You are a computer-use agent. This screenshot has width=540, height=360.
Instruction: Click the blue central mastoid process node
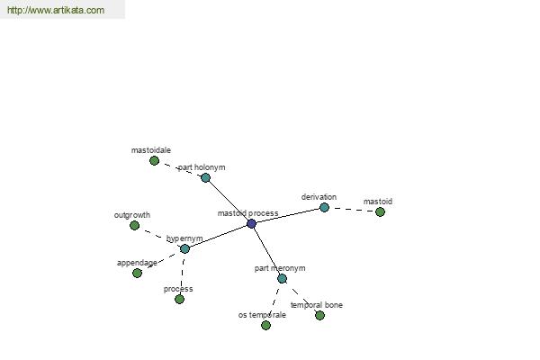coord(251,223)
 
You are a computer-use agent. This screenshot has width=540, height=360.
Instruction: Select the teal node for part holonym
coord(205,178)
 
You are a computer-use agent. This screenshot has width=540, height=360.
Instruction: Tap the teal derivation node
coord(324,207)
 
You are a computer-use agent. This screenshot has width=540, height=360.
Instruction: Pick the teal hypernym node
coord(184,248)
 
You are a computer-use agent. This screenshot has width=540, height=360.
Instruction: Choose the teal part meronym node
coord(282,278)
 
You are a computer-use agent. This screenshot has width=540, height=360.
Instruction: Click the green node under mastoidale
coord(154,160)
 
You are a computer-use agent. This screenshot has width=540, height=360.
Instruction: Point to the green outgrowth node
coord(135,226)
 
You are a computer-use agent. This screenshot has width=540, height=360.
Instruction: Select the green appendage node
coord(137,274)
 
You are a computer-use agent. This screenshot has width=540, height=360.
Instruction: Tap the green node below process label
coord(179,299)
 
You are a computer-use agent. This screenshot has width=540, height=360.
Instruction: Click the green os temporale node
coord(265,325)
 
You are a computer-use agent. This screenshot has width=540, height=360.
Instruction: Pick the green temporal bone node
coord(319,315)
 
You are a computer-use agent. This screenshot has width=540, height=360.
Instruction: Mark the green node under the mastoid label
coord(380,211)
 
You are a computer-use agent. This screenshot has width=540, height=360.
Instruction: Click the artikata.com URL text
coord(56,10)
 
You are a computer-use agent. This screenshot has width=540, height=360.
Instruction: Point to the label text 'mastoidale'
coord(151,150)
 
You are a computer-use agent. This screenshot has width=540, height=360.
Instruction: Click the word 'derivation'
coord(319,197)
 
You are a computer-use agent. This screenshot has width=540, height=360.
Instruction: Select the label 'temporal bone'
coord(317,305)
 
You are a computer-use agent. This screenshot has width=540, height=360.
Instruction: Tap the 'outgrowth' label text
coord(132,215)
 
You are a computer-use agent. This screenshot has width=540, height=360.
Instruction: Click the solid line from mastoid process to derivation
coord(288,215)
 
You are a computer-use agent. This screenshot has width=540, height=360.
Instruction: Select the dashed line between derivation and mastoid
coord(352,210)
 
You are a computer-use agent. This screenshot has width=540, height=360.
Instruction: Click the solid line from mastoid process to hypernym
coord(219,236)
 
